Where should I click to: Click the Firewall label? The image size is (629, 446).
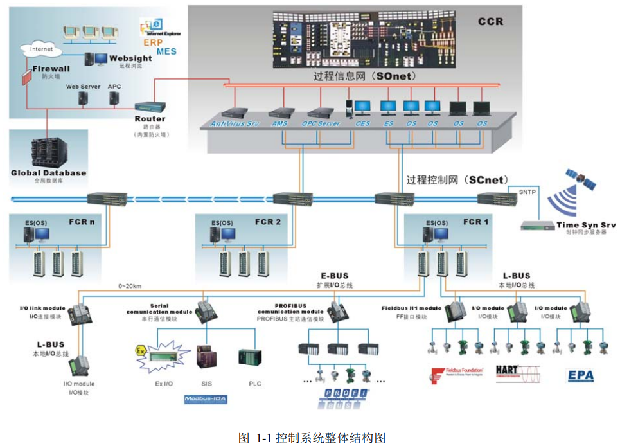point(47,69)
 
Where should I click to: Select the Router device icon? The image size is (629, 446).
point(150,107)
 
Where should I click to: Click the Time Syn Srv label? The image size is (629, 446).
point(586,225)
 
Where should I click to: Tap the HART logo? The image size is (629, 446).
point(517,373)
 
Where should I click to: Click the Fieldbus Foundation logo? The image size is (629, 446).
point(455,374)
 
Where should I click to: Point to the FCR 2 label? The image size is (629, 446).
point(268,222)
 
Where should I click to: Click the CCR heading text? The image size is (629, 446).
point(490,22)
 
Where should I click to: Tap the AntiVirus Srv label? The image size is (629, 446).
point(236,123)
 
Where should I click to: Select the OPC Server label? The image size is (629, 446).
point(320,123)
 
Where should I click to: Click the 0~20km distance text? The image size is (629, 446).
point(131,286)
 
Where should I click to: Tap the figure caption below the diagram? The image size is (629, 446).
point(312,438)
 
